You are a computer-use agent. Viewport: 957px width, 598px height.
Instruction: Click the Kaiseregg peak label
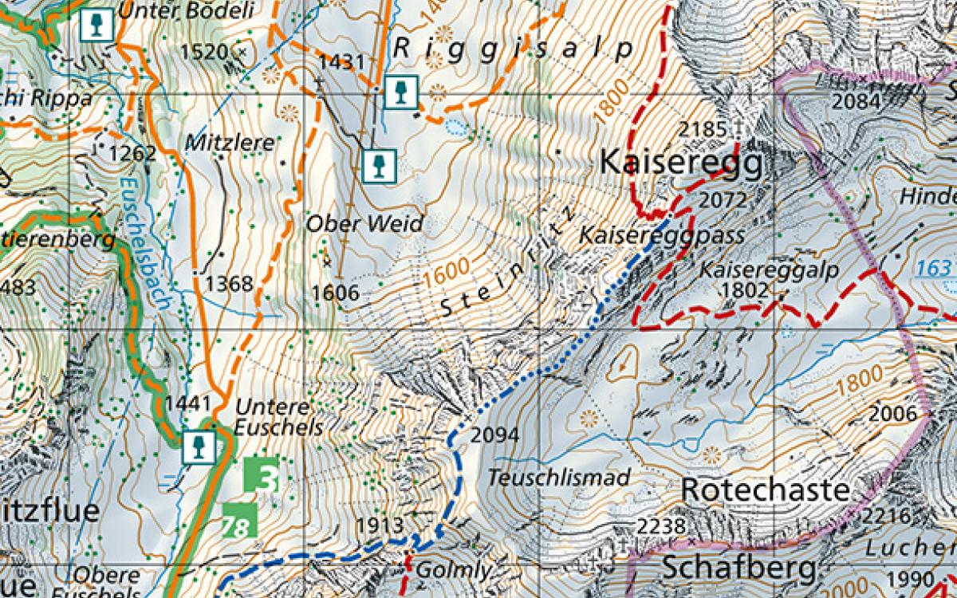point(680,163)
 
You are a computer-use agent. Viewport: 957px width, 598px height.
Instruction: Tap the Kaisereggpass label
point(661,235)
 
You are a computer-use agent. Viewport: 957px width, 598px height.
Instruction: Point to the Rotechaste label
point(766,490)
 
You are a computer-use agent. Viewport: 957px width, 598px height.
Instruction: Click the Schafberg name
point(739,568)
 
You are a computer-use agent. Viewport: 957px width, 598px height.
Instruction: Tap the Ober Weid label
point(364,224)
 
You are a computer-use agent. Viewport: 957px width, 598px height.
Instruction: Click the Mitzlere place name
point(230,144)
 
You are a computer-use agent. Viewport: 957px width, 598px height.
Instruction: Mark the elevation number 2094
point(494,435)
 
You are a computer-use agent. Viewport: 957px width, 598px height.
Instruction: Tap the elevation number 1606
point(335,293)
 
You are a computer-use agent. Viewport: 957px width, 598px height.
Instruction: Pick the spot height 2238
point(662,525)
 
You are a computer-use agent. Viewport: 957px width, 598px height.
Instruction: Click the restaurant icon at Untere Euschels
point(196,447)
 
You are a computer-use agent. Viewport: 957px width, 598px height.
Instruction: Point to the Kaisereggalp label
point(770,271)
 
